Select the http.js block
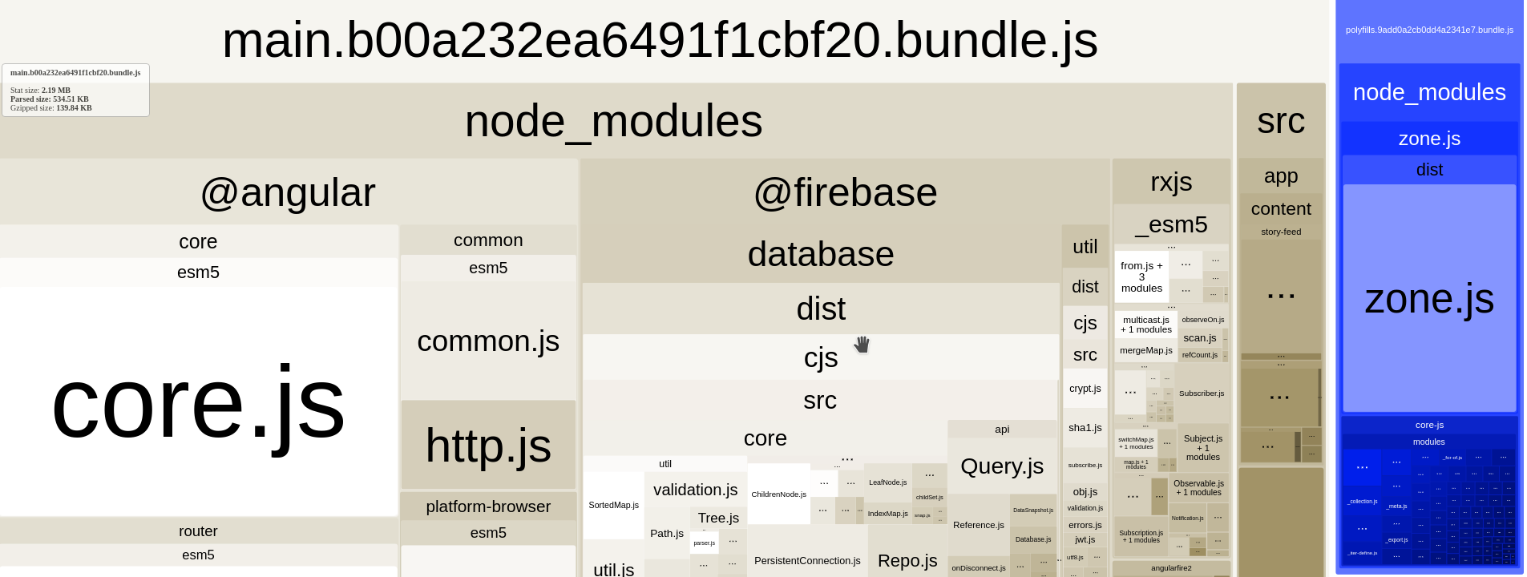coord(488,446)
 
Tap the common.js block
coord(488,341)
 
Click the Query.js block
coord(1002,466)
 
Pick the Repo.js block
coord(907,560)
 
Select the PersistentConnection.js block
coord(807,560)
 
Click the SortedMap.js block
coord(613,505)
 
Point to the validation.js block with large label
coord(695,490)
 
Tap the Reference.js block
coord(978,525)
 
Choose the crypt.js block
coord(1085,389)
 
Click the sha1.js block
coord(1085,428)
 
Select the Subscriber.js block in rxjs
coord(1201,393)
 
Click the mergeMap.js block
coord(1145,350)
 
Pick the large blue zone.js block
coord(1429,299)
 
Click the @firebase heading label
coord(845,192)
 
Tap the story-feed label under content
coord(1280,232)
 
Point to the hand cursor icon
coord(862,345)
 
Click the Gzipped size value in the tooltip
coord(74,108)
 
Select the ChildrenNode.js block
coord(778,494)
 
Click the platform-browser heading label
coord(488,506)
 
